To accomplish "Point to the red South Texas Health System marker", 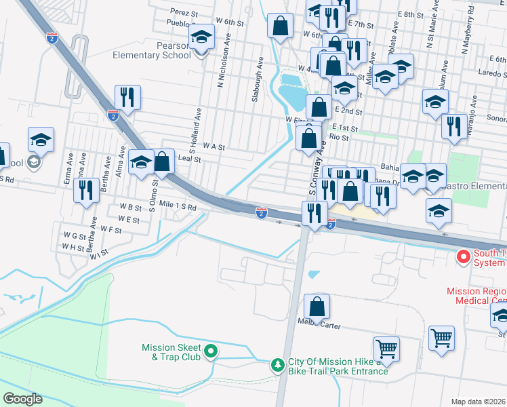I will (x=464, y=257).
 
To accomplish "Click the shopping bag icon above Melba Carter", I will (x=317, y=307).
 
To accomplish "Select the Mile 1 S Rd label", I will (x=178, y=207).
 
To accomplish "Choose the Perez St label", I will (x=184, y=12).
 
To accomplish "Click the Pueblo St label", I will (x=180, y=23).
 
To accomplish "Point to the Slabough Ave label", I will (x=257, y=79).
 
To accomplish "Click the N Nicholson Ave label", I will (x=220, y=67).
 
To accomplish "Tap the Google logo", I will (x=23, y=398).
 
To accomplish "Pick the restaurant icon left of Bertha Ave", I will (x=85, y=190).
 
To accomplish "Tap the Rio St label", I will (x=338, y=137).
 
